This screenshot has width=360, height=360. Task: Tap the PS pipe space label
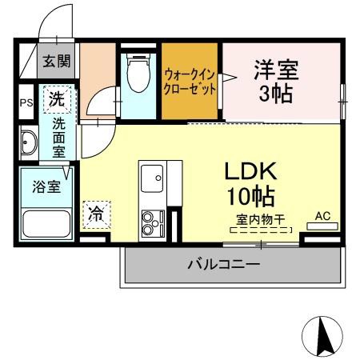coord(25,102)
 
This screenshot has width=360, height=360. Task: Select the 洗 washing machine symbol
coord(57,100)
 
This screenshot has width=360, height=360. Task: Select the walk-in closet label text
coord(190,82)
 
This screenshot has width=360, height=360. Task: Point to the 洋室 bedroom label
coord(276,70)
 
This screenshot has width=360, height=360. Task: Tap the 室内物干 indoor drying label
coord(262,218)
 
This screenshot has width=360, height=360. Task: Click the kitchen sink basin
coord(150,180)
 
